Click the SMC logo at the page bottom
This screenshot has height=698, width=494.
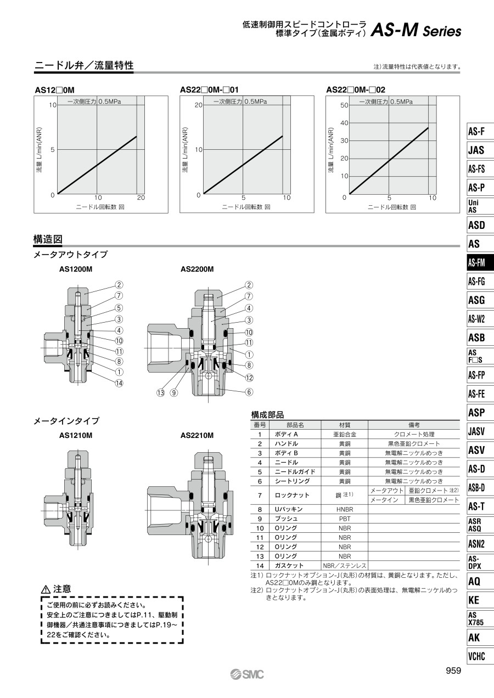pos(247,674)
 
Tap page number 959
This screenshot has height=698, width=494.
pos(453,670)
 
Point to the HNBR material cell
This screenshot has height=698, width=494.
pos(344,509)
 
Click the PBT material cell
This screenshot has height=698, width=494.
pos(344,519)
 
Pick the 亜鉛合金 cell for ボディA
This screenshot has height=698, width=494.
pos(344,435)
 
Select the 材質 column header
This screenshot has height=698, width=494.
pos(344,425)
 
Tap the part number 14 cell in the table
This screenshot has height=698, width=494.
pos(260,566)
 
